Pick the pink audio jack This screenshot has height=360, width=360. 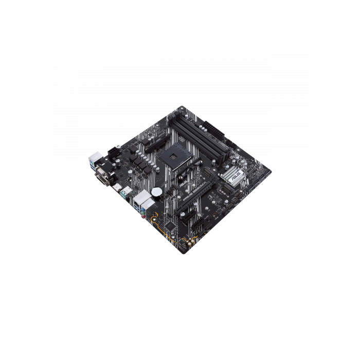[151, 217]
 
